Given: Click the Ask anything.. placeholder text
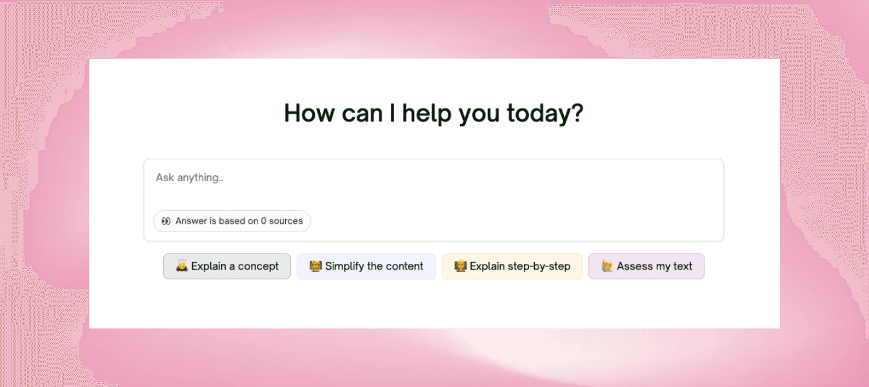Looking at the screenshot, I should click(x=190, y=177).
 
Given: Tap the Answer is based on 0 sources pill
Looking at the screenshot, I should click(x=232, y=221).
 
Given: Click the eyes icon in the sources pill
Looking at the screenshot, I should click(x=166, y=221).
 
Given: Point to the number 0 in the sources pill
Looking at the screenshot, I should click(x=263, y=221).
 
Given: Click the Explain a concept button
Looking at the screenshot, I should click(x=227, y=266).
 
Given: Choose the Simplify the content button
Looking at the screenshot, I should click(x=366, y=266).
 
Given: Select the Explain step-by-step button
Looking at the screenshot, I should click(x=512, y=266).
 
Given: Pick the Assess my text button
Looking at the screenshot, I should click(x=646, y=266).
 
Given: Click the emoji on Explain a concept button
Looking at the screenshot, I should click(x=182, y=266).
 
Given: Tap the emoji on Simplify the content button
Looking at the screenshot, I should click(x=315, y=266).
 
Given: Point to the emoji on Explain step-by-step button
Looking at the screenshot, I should click(x=460, y=266).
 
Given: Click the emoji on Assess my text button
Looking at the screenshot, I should click(x=606, y=266).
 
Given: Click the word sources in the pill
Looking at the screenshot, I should click(x=286, y=221).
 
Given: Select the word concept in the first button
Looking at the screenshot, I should click(x=258, y=266).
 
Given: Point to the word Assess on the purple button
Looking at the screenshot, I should click(x=634, y=266).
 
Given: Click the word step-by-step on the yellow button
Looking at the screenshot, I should click(x=538, y=266).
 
